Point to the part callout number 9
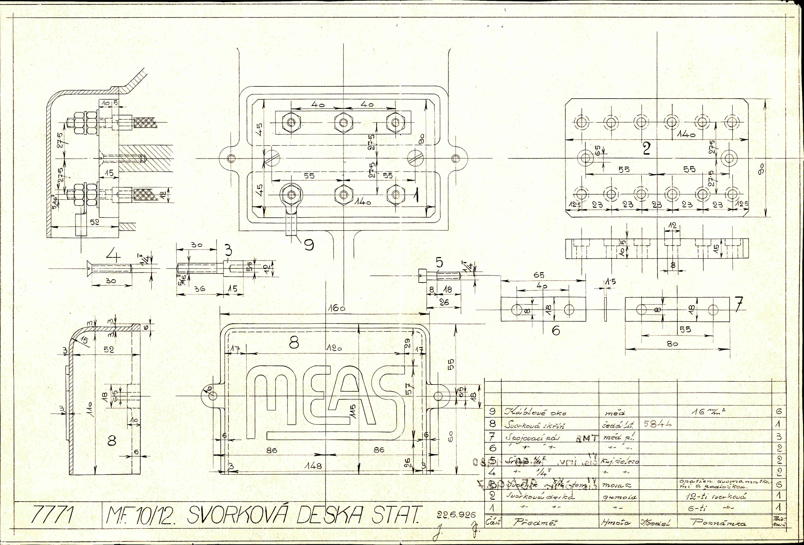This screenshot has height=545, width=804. click(309, 245)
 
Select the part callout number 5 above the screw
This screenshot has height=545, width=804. click(439, 263)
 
